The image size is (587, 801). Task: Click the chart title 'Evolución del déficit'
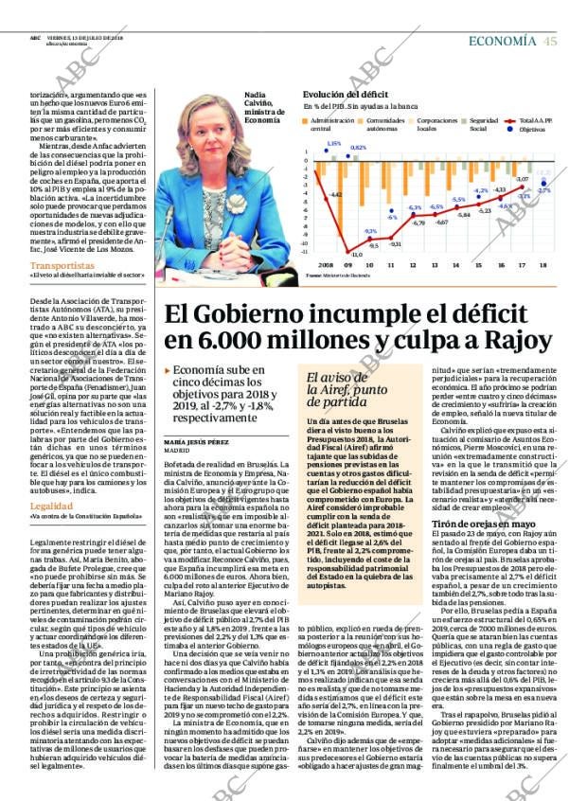pos(346,94)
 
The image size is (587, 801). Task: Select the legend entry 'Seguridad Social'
pos(484,124)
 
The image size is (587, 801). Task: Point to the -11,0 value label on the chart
pos(356,254)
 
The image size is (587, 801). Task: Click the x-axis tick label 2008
pos(326,264)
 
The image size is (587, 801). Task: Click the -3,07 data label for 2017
pos(521,179)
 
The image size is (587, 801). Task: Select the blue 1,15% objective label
pos(332,144)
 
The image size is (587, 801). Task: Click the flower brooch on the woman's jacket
pos(235,203)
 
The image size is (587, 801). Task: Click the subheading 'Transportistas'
pos(62,266)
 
